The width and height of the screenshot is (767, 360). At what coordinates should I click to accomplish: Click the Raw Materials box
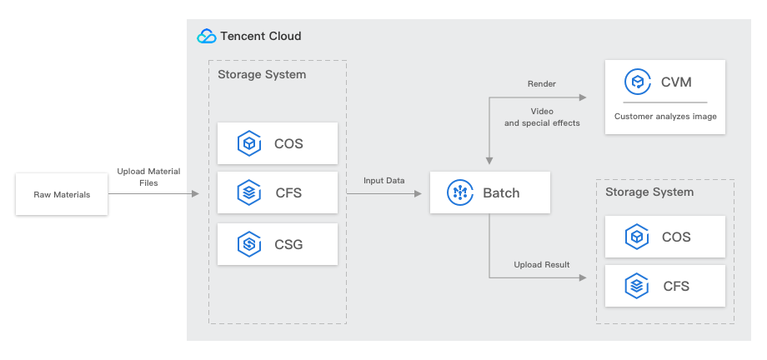(x=62, y=194)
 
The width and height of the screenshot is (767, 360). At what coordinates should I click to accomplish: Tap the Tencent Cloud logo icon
(x=207, y=36)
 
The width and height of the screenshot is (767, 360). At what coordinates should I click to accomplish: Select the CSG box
(x=278, y=244)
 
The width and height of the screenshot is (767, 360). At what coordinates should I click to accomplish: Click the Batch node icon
(x=460, y=192)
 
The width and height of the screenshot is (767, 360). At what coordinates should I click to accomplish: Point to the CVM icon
(x=638, y=82)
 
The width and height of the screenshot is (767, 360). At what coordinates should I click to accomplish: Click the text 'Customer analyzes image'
(x=665, y=117)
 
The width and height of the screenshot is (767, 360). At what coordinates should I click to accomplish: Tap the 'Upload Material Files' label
(x=148, y=177)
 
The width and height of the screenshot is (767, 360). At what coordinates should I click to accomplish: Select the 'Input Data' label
(x=384, y=181)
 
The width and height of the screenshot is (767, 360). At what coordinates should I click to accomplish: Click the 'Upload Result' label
(x=542, y=265)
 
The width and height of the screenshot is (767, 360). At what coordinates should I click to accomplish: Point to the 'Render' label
(x=542, y=83)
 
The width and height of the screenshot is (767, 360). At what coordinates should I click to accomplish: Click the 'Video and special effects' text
(x=542, y=117)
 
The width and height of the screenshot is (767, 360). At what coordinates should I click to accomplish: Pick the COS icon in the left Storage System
(x=249, y=143)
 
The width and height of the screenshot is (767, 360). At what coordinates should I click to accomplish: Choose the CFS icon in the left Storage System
(x=249, y=192)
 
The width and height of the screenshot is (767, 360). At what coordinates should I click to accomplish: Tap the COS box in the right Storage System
(x=665, y=237)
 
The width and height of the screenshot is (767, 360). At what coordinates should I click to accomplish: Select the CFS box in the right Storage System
(x=665, y=286)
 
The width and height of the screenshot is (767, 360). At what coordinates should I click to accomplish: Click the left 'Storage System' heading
(x=262, y=74)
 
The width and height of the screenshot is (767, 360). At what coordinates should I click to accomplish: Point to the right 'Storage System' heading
(x=649, y=192)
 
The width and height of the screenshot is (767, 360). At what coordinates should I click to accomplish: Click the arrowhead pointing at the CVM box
(x=583, y=97)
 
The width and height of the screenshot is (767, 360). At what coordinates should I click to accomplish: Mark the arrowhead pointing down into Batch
(x=489, y=161)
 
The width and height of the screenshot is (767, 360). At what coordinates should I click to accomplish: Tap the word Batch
(x=501, y=193)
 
